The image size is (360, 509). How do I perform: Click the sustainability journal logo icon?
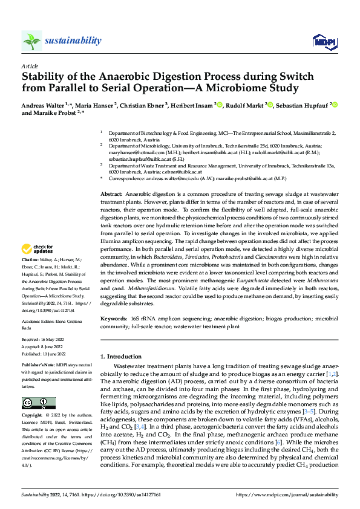click(x=31, y=41)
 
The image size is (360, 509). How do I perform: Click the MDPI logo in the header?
click(x=321, y=41)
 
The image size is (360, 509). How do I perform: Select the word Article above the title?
click(x=30, y=66)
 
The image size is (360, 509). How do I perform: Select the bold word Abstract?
click(x=113, y=192)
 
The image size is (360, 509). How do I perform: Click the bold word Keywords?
click(x=114, y=317)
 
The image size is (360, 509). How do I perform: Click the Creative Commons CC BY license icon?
click(x=38, y=403)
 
